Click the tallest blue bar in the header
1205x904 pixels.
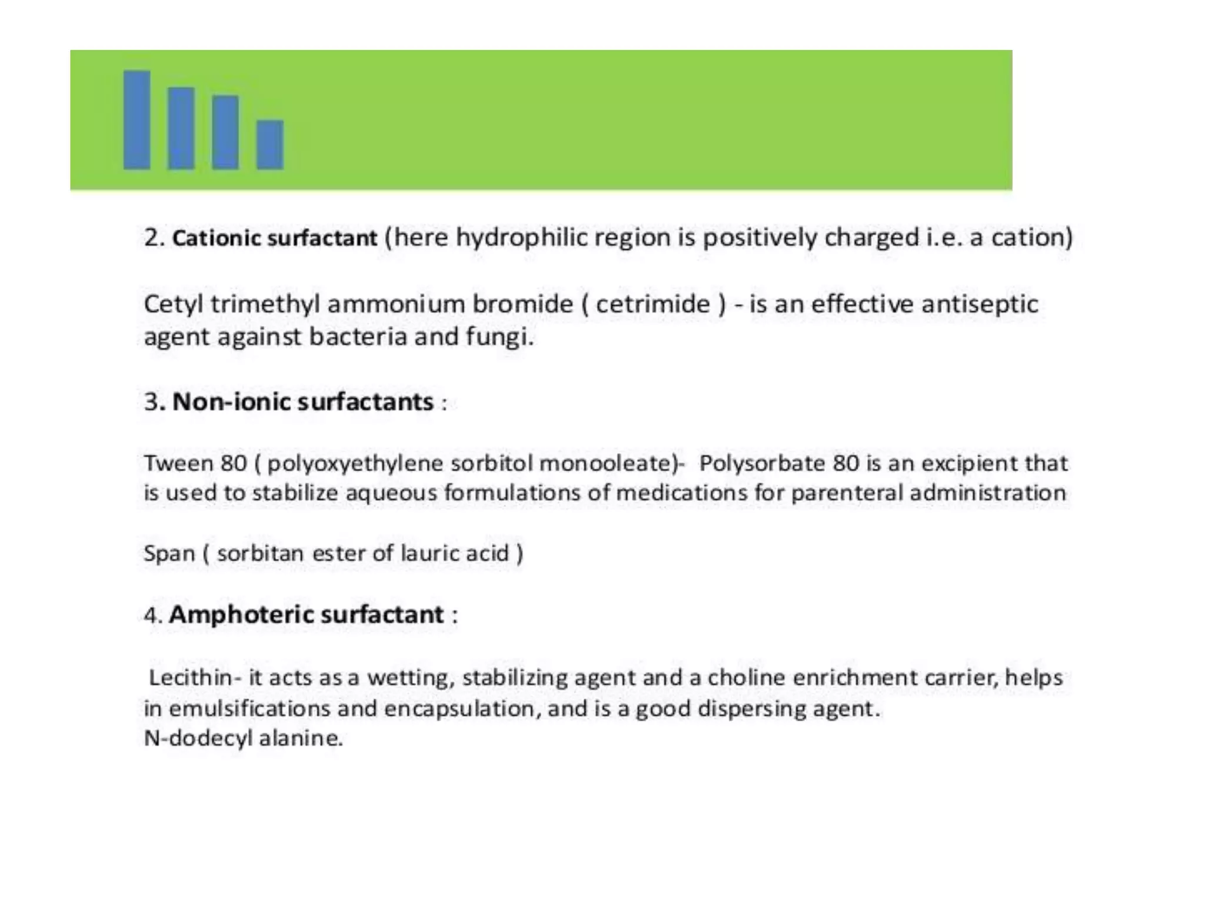pos(137,120)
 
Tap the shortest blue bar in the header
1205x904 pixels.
pos(270,145)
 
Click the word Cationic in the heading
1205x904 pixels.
pos(217,238)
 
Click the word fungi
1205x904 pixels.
pos(500,337)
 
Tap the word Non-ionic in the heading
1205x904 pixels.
pos(232,402)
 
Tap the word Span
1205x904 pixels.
pos(169,554)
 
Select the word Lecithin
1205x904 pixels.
pos(189,677)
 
